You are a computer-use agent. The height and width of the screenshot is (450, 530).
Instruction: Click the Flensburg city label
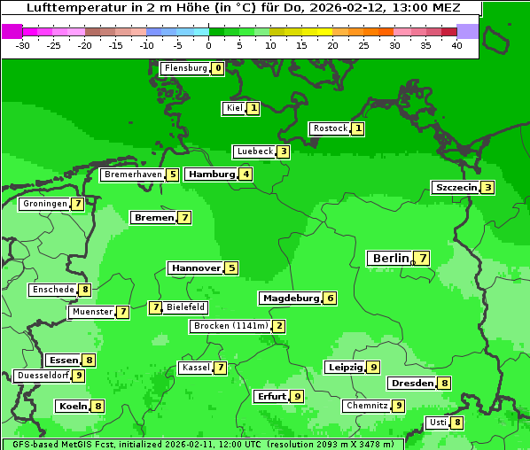(x=185, y=68)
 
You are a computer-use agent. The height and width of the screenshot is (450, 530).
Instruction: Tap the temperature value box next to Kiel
(x=253, y=108)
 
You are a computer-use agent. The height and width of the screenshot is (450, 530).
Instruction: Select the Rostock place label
(x=330, y=128)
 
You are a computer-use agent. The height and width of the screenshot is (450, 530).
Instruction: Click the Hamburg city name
(x=211, y=174)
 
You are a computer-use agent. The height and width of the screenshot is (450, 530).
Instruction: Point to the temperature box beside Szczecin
(x=488, y=187)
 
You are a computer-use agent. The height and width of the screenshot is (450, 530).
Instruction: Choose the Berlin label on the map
(x=391, y=258)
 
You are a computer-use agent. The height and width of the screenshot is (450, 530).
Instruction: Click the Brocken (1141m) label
(x=230, y=326)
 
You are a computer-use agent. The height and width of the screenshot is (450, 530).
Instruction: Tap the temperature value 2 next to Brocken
(x=279, y=326)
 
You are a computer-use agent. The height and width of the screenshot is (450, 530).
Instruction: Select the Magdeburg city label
(x=290, y=298)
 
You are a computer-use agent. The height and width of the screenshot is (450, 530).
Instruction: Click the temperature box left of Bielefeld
(x=155, y=307)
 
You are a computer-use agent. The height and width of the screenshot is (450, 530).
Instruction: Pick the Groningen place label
(x=45, y=204)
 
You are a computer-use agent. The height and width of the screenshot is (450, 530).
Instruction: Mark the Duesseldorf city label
(x=43, y=376)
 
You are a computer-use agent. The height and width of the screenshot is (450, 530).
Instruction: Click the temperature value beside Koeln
(x=98, y=406)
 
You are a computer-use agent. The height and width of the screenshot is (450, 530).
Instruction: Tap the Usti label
(x=438, y=423)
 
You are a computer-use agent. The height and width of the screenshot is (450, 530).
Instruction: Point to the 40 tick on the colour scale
(x=456, y=45)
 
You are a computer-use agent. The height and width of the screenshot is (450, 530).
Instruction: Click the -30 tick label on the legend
(x=23, y=45)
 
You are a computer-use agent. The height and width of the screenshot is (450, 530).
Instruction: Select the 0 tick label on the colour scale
(x=209, y=45)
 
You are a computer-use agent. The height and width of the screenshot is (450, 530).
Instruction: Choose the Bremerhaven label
(x=134, y=175)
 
